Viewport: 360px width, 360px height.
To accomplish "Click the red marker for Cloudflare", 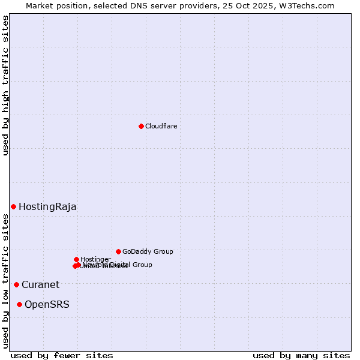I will pyautogui.click(x=141, y=126).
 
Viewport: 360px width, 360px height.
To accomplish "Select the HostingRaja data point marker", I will pyautogui.click(x=13, y=206).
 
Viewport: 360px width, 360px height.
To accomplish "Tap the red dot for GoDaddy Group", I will pyautogui.click(x=118, y=251).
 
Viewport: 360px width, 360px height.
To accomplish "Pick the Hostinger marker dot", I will pyautogui.click(x=76, y=259).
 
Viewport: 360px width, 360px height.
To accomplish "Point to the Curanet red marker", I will pyautogui.click(x=16, y=284).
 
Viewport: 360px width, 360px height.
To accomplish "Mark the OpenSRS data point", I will pyautogui.click(x=19, y=304).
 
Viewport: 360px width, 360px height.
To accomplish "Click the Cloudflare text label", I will pyautogui.click(x=161, y=126).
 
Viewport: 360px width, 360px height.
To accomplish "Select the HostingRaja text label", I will pyautogui.click(x=47, y=207).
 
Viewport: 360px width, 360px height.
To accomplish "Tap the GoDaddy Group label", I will pyautogui.click(x=148, y=252).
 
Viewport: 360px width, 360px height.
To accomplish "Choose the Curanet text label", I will pyautogui.click(x=40, y=285).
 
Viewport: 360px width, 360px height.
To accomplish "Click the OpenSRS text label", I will pyautogui.click(x=47, y=305).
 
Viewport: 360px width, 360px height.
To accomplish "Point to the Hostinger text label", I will pyautogui.click(x=95, y=259).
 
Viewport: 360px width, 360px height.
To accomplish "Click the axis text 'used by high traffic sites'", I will pyautogui.click(x=5, y=85).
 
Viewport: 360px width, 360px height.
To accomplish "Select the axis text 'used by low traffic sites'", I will pyautogui.click(x=5, y=281).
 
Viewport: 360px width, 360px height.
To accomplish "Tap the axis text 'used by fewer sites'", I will pyautogui.click(x=62, y=355).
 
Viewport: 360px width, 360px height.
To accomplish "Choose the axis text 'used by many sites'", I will pyautogui.click(x=301, y=355).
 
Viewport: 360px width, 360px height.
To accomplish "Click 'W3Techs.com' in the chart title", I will pyautogui.click(x=310, y=5).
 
